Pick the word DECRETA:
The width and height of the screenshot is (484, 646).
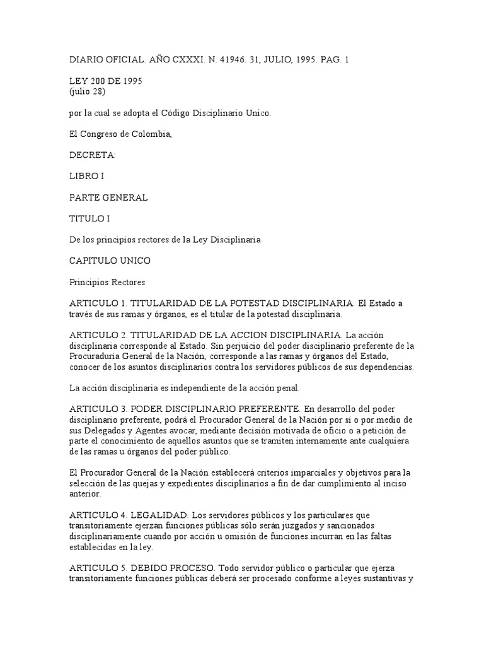pos(89,155)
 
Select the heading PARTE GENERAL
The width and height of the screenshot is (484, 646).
pos(108,197)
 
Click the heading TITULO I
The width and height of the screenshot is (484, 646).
pos(88,219)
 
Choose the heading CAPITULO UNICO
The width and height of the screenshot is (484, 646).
pos(110,261)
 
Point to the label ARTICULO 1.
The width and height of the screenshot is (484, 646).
pos(98,303)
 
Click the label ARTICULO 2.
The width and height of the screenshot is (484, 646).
pos(98,335)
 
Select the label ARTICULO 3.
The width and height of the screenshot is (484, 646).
pos(98,409)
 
